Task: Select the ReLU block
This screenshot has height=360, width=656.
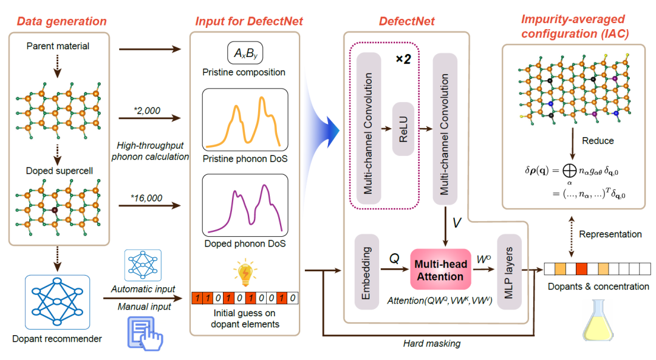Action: pos(404,129)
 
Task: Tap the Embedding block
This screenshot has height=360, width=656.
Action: pos(366,271)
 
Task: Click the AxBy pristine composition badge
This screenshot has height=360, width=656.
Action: pos(245,53)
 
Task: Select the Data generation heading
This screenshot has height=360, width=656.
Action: pos(61,22)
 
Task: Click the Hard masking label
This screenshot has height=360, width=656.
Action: pos(432,344)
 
